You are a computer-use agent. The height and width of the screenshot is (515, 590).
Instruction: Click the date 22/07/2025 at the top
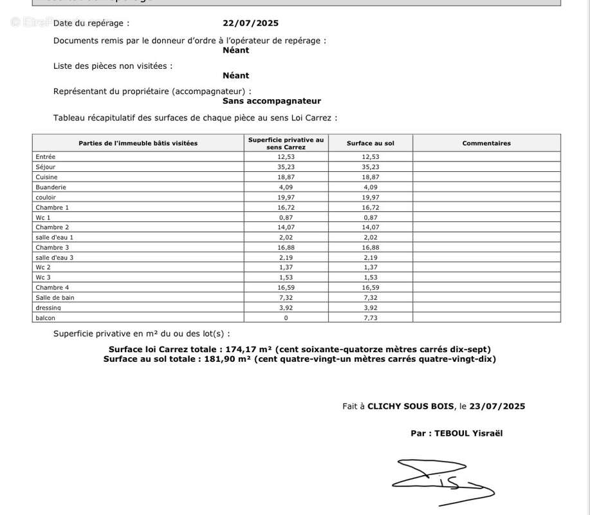250,23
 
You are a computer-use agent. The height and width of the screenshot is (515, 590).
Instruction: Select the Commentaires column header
486,143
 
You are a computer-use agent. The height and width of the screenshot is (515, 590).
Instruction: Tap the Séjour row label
46,167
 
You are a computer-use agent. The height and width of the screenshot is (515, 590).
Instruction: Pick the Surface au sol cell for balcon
370,317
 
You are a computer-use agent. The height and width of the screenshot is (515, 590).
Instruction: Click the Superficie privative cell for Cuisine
286,177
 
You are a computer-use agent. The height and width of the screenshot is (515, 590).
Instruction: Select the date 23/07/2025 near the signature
497,406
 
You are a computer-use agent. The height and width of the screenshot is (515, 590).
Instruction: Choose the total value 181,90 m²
227,359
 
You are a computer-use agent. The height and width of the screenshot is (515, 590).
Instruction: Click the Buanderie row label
51,187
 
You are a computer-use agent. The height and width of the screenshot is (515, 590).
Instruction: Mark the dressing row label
48,308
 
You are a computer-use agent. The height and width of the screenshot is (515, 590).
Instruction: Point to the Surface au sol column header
370,143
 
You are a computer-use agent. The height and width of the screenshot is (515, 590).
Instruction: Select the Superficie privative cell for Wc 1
286,217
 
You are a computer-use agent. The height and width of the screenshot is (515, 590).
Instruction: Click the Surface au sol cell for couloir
370,197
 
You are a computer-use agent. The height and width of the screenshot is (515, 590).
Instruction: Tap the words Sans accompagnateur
272,100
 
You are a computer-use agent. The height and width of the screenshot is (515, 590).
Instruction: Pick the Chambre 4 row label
52,288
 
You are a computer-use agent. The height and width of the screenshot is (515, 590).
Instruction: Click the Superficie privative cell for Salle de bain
286,297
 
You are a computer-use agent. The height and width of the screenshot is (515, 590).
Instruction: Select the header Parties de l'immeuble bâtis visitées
138,143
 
